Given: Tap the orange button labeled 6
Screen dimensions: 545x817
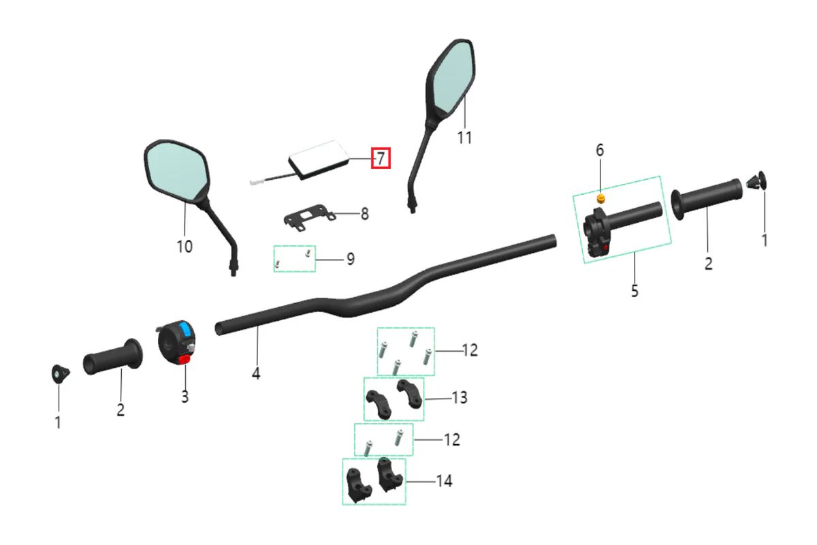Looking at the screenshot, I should (x=600, y=198).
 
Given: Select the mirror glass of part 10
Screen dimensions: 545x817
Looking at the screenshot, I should (x=176, y=170).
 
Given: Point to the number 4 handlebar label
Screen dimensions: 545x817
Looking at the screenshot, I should (x=256, y=373).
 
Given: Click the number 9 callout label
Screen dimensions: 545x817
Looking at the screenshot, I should (x=350, y=259).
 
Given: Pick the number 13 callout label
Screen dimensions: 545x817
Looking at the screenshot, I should (x=460, y=397).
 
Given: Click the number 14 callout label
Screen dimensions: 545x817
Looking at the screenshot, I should (x=444, y=481).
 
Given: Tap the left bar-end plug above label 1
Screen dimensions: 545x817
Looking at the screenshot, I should (x=60, y=373).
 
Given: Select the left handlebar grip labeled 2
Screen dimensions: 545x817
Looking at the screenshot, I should (x=112, y=356).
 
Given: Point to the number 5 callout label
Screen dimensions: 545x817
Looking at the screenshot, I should (x=635, y=291).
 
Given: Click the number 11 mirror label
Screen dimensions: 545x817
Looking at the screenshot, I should (x=464, y=138).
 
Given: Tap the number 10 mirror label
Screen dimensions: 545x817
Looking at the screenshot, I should (x=185, y=247).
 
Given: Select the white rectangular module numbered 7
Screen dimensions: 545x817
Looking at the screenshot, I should (x=319, y=159).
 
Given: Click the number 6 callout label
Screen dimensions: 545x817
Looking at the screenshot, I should (x=600, y=150).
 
